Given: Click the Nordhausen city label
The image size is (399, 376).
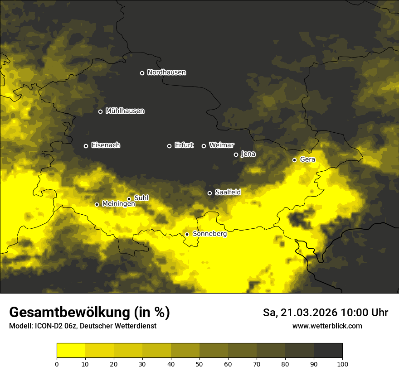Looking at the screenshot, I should pyautogui.click(x=166, y=72).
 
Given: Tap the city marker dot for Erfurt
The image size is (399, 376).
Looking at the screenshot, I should pyautogui.click(x=170, y=146).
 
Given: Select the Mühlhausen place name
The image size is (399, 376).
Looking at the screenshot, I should pyautogui.click(x=125, y=111).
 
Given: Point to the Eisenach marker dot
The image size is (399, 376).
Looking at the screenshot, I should pyautogui.click(x=86, y=146).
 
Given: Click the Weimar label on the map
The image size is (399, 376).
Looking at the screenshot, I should pyautogui.click(x=221, y=145).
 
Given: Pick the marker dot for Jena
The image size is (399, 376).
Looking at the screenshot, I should pyautogui.click(x=236, y=154).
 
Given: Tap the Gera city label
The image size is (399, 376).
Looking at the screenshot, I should pyautogui.click(x=307, y=159).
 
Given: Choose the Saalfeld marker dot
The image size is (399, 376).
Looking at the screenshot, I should pyautogui.click(x=209, y=193).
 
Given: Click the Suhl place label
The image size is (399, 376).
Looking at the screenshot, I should pyautogui.click(x=141, y=198).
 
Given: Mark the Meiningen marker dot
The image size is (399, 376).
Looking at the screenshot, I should pyautogui.click(x=97, y=204).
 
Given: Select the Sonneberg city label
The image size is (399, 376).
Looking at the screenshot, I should pyautogui.click(x=209, y=234).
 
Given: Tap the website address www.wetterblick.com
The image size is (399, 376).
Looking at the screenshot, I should pyautogui.click(x=327, y=326).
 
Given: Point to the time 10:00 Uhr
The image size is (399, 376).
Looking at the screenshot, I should pyautogui.click(x=364, y=313).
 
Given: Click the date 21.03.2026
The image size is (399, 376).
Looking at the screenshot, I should pyautogui.click(x=309, y=313).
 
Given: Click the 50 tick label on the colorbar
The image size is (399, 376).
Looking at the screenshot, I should pyautogui.click(x=199, y=363).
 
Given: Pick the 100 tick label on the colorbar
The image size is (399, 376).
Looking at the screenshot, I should pyautogui.click(x=342, y=363).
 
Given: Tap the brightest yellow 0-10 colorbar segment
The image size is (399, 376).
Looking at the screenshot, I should pyautogui.click(x=71, y=351).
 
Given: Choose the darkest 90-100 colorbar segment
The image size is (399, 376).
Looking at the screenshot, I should pyautogui.click(x=328, y=351).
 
